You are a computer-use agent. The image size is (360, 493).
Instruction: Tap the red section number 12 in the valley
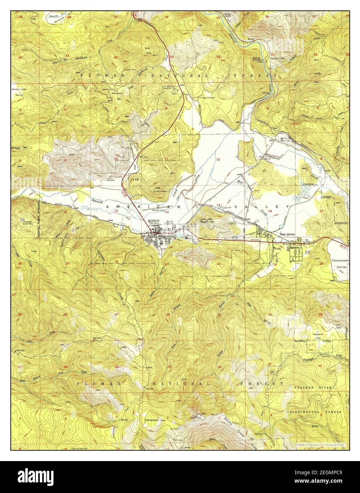(218, 160)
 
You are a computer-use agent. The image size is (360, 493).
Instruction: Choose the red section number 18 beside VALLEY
(270, 211)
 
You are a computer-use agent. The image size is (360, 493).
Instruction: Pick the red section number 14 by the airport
(167, 212)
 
